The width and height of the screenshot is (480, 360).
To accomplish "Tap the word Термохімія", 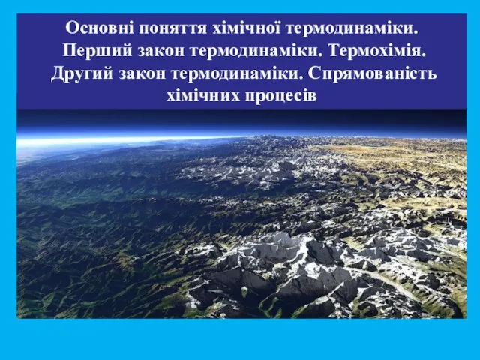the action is [x=377, y=51].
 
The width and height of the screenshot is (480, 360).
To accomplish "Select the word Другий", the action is [x=82, y=74].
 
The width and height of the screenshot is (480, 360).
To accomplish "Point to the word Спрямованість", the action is [x=373, y=74].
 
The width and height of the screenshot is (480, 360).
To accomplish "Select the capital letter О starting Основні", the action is [x=71, y=28].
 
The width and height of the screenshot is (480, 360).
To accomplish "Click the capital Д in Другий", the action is [x=58, y=74].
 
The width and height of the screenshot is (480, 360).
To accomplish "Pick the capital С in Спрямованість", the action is [x=314, y=73].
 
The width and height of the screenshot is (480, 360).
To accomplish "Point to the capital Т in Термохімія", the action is [x=335, y=51].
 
